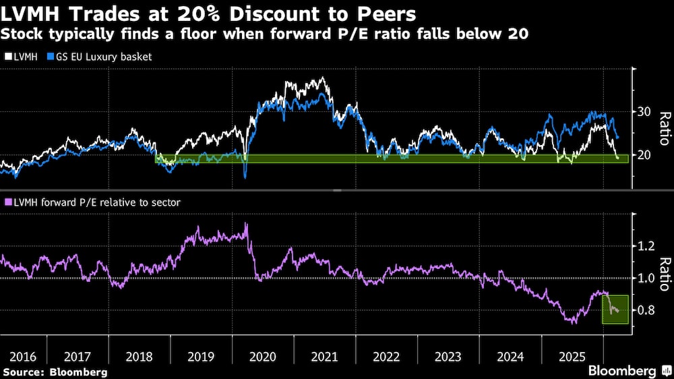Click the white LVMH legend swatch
(7, 57)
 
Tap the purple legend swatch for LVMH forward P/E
(7, 202)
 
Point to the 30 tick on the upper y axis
(644, 111)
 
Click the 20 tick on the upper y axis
(644, 155)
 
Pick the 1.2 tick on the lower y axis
(646, 246)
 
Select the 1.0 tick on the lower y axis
(646, 278)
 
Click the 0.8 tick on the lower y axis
(646, 310)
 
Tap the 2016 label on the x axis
(16, 355)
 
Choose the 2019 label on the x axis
(201, 355)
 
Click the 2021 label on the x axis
(324, 355)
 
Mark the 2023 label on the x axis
(448, 355)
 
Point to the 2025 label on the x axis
(571, 355)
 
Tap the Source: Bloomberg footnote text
(55, 372)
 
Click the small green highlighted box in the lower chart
(615, 309)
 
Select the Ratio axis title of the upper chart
(663, 128)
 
